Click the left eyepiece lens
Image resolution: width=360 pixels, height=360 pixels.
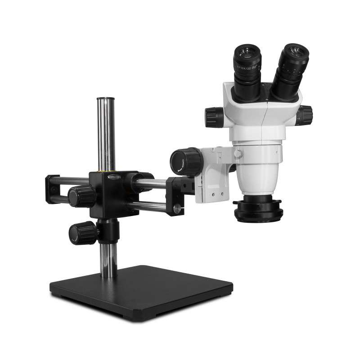[247, 50]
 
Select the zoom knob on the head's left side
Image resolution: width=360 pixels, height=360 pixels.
[215, 117]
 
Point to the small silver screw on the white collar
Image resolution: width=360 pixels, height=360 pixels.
[238, 153]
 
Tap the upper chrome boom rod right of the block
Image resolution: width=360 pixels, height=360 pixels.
[153, 183]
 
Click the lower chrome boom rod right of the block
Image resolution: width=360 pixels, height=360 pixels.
[148, 207]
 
